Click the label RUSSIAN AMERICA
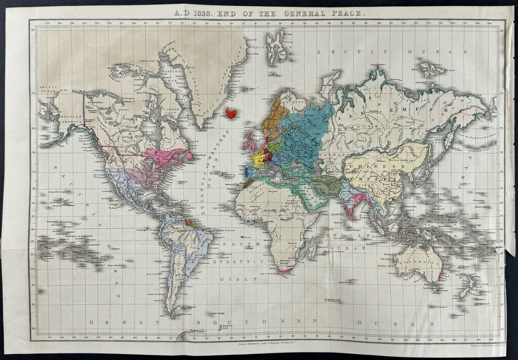70,120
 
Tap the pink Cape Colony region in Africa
284,271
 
